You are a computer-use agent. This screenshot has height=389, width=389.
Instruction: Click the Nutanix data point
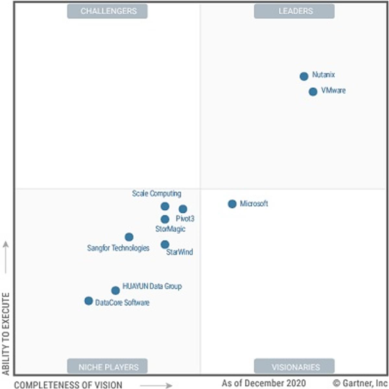tap(304, 77)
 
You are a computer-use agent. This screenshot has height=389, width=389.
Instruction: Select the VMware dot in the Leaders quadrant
tap(313, 92)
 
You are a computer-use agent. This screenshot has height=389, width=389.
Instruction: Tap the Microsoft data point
tap(232, 204)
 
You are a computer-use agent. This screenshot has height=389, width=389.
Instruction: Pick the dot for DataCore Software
tap(88, 301)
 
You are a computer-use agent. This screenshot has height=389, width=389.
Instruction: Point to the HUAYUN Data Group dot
tap(115, 290)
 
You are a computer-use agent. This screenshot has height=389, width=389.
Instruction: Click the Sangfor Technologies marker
tap(129, 237)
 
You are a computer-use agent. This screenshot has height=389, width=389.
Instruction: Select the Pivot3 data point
tap(183, 209)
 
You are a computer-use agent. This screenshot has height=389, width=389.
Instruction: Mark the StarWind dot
tap(165, 244)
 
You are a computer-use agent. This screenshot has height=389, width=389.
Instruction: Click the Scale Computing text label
tap(157, 194)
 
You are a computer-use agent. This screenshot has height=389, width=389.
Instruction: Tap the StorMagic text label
tap(170, 229)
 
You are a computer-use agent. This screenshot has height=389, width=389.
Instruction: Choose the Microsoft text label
tap(254, 204)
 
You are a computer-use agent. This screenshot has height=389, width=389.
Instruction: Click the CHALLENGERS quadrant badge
tap(107, 11)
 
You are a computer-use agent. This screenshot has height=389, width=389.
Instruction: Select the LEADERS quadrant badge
tap(294, 11)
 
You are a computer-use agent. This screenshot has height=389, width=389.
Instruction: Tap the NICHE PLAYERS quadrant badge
tap(107, 367)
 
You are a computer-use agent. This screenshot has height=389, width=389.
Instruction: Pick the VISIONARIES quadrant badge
tap(294, 367)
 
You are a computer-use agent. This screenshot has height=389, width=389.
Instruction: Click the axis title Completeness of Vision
tap(68, 385)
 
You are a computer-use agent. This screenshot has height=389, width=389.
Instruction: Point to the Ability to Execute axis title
tap(6, 334)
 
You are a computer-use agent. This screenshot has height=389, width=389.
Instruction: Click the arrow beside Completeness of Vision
tap(156, 385)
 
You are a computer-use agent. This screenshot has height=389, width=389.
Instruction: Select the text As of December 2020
tap(264, 383)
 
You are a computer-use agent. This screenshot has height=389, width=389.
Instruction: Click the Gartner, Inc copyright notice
tap(360, 383)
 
